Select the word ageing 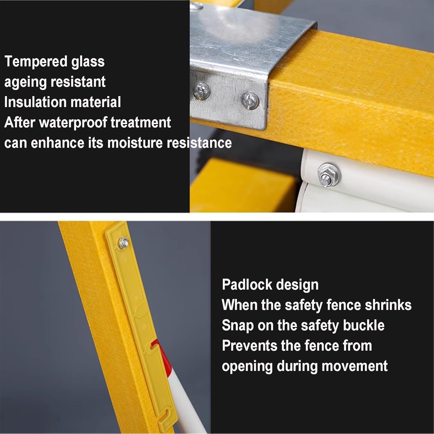[25, 82]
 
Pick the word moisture [135, 143]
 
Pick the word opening [247, 366]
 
